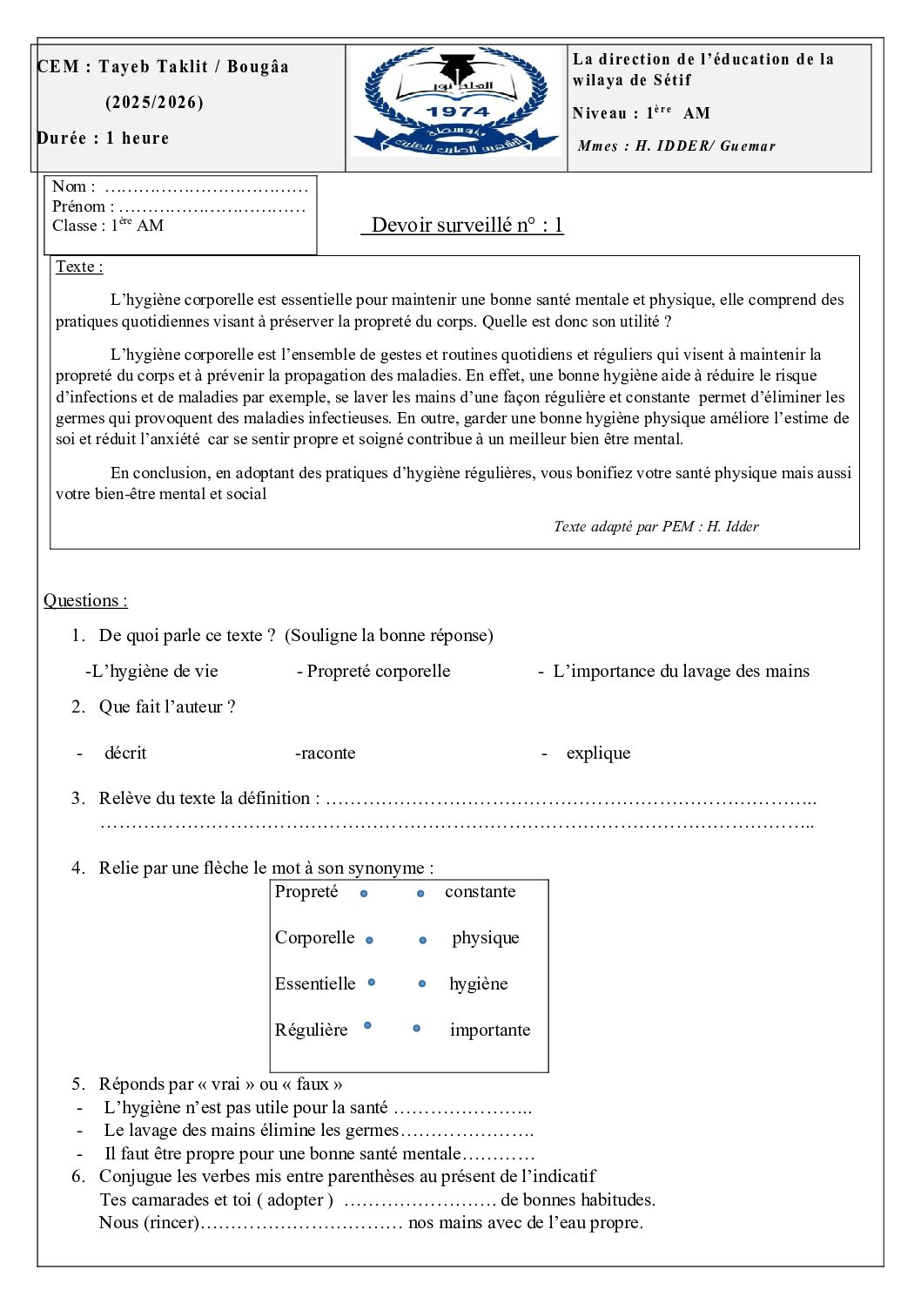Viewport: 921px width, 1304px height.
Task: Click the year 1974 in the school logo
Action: tap(458, 111)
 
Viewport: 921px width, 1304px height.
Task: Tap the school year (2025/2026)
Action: tap(155, 102)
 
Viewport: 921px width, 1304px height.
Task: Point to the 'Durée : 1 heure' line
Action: tap(104, 138)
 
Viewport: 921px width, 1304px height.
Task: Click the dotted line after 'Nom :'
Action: tap(206, 187)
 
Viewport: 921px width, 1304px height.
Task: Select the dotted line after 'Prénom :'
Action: tap(212, 207)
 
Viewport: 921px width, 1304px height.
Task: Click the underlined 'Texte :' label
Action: tap(79, 267)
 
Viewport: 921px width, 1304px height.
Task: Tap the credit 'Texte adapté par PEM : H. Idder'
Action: tap(655, 526)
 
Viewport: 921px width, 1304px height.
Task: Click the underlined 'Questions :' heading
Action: tap(85, 600)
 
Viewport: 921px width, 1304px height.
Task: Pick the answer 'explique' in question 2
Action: tap(598, 753)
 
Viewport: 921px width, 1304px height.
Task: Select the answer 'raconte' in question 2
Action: tap(326, 753)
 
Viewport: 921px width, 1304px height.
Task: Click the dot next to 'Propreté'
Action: tap(364, 893)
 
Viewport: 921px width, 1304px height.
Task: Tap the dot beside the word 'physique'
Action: tap(423, 940)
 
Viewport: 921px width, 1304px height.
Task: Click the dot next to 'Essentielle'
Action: tap(372, 982)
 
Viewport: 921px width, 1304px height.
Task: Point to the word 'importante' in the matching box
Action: tap(489, 1030)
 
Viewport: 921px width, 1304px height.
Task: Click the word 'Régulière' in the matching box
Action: tap(311, 1030)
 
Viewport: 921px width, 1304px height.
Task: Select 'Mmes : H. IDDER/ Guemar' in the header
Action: tap(676, 145)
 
